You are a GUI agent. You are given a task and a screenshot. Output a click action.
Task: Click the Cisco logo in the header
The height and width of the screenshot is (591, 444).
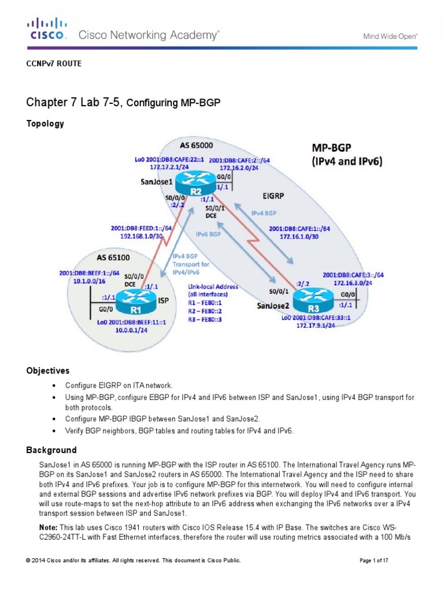click(47, 29)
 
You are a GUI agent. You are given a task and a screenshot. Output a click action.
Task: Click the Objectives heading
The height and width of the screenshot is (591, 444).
click(48, 371)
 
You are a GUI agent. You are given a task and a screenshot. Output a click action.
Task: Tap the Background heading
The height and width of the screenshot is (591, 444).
click(51, 450)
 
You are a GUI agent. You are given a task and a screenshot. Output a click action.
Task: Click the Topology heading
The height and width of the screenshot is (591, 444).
click(45, 124)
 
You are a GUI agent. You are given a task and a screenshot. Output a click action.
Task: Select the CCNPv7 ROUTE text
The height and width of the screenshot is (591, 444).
click(54, 63)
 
